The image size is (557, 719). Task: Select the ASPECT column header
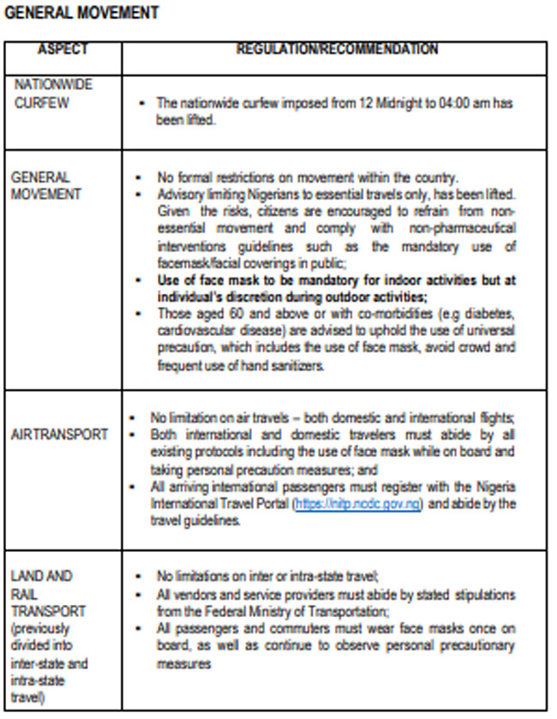point(63,50)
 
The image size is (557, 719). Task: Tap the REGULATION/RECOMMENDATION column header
point(337,50)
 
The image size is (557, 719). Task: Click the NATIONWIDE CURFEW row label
point(52,93)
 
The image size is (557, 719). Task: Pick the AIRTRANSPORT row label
point(59,434)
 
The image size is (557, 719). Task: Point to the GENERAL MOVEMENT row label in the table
point(46,185)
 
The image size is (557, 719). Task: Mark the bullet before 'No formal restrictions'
point(139,177)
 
